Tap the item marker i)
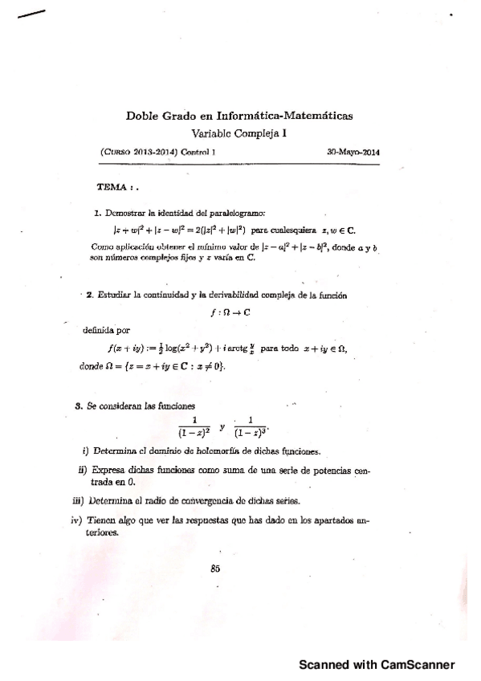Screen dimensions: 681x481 (x=86, y=451)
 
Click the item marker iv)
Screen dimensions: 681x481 (x=77, y=520)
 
